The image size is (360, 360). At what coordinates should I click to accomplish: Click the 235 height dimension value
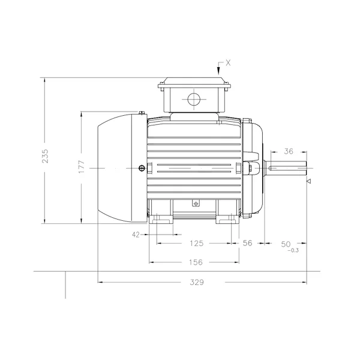coord(45,156)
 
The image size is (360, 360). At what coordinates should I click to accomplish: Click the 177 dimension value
coord(82,167)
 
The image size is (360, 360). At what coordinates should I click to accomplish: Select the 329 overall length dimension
coord(197,282)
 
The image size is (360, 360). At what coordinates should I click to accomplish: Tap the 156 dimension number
coord(196,262)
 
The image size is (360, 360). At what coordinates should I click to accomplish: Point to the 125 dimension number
coord(197,243)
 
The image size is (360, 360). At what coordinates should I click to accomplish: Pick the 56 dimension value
coord(247,243)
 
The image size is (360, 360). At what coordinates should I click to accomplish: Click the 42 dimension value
coord(136,235)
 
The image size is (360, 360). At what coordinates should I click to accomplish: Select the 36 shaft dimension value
coord(289,151)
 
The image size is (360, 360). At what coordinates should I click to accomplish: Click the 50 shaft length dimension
coord(286,244)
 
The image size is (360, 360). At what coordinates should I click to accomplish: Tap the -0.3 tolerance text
coord(293,250)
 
